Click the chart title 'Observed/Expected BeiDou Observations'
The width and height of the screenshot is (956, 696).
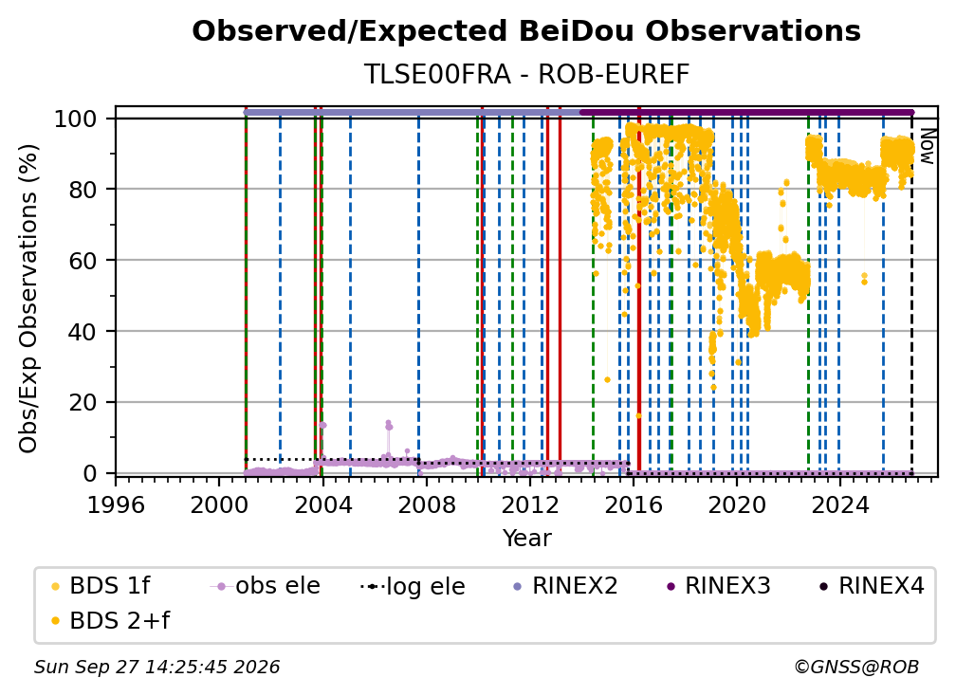(526, 31)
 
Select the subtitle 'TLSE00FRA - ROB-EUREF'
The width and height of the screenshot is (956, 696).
(526, 74)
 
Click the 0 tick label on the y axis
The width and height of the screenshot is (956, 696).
(90, 473)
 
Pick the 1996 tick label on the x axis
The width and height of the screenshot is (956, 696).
(116, 505)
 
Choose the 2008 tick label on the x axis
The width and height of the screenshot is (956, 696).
(426, 505)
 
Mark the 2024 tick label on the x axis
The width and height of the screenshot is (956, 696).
(839, 505)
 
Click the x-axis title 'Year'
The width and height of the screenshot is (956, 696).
(526, 539)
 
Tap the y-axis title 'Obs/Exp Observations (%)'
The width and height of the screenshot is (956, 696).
(28, 299)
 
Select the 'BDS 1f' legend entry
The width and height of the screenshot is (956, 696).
(101, 586)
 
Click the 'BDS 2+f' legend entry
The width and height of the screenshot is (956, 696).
(110, 620)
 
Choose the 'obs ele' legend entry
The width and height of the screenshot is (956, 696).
(265, 586)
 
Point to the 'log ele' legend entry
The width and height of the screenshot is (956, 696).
(413, 586)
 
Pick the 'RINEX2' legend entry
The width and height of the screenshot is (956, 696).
(565, 586)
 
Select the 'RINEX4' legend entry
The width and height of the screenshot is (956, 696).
(872, 586)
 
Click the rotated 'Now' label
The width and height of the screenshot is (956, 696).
(927, 146)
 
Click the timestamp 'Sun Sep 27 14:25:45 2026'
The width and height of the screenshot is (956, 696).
(156, 668)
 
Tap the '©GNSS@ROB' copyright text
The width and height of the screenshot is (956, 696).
(856, 668)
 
